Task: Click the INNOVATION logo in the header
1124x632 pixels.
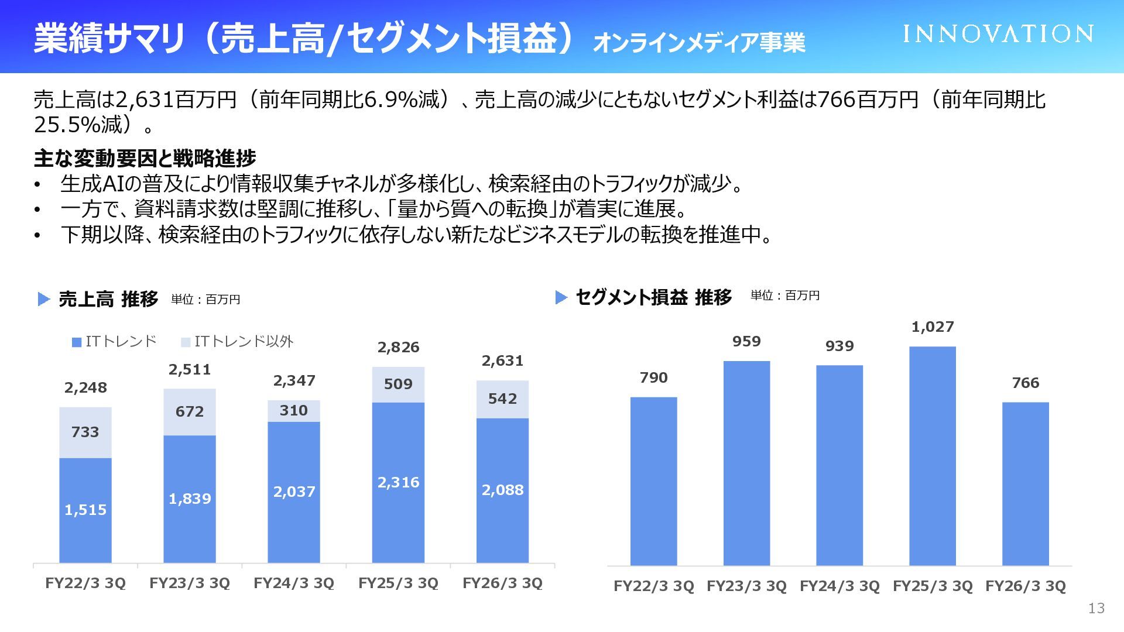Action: click(998, 34)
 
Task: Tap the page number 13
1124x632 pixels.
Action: click(1096, 609)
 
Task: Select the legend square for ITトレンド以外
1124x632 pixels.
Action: click(186, 342)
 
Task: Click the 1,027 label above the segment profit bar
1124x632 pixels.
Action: click(932, 327)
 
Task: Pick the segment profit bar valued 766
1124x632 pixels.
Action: click(1025, 483)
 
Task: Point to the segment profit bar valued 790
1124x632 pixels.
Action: click(653, 481)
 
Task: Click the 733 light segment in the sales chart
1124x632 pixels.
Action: click(85, 432)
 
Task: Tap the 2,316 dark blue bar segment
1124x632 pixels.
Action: click(398, 482)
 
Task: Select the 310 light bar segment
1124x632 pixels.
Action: click(294, 411)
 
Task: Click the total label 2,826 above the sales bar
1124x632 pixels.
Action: click(398, 348)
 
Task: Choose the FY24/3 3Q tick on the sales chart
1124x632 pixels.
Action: click(294, 583)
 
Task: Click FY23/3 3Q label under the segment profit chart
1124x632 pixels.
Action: click(746, 586)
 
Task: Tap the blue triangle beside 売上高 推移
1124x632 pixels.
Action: click(43, 299)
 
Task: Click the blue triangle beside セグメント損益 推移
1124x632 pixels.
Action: click(561, 297)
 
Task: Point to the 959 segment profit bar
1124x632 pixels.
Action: click(746, 463)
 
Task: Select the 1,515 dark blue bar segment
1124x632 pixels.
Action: click(85, 510)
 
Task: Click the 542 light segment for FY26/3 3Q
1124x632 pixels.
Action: click(502, 399)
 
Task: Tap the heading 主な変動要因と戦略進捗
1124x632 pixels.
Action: click(145, 158)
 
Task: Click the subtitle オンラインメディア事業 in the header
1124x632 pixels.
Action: click(699, 43)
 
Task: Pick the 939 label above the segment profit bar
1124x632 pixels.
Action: click(839, 346)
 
